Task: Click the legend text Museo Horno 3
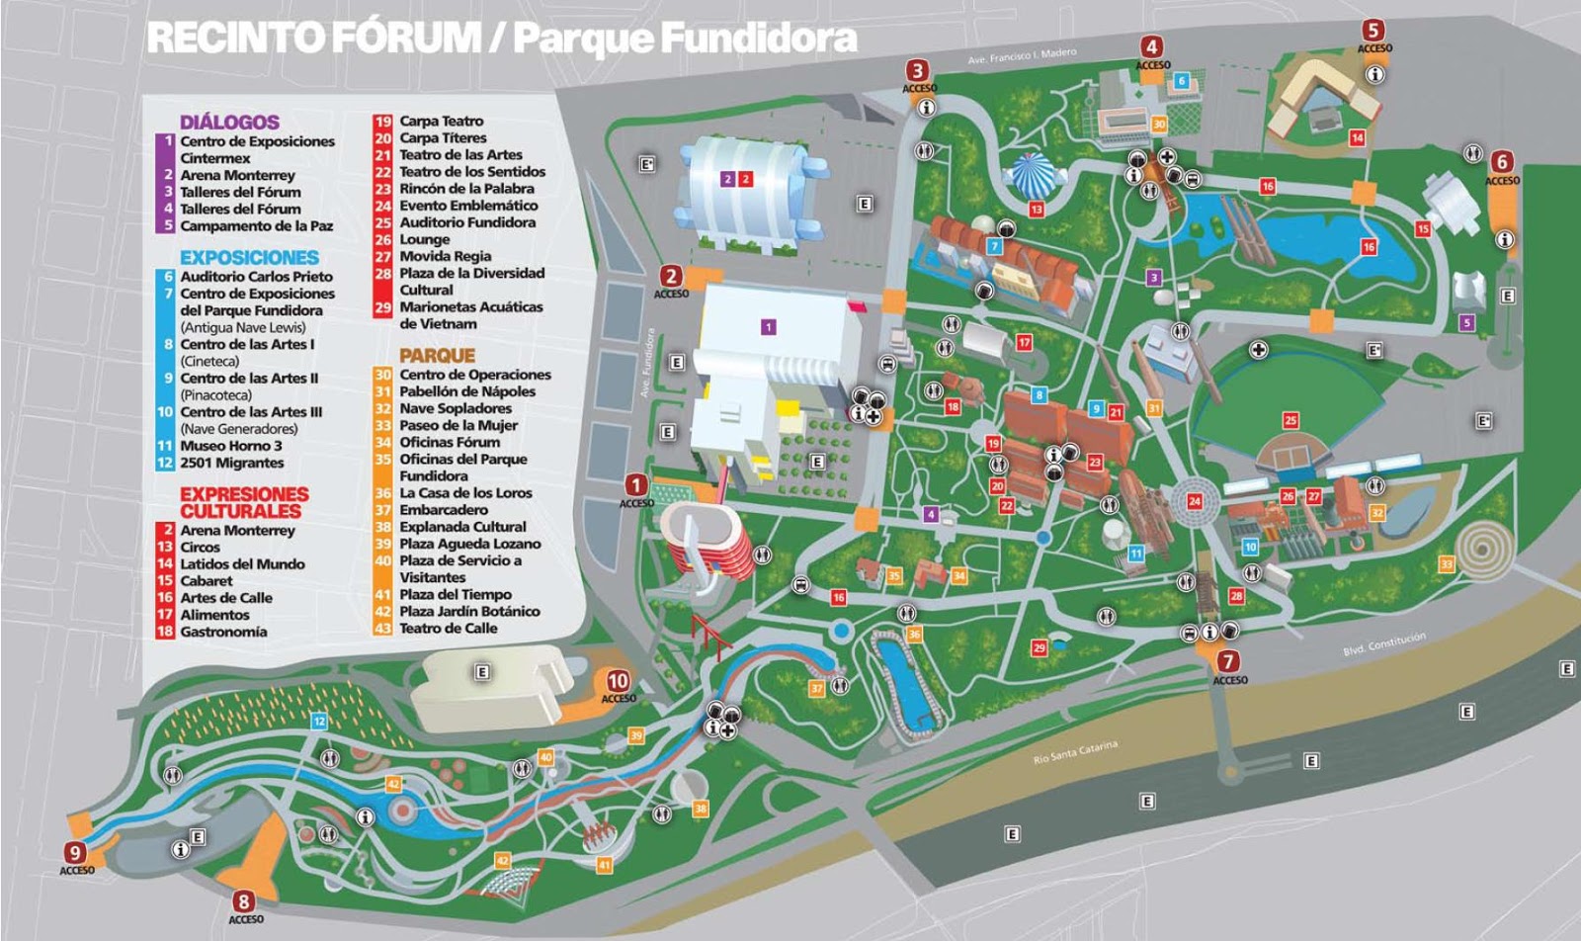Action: tap(230, 446)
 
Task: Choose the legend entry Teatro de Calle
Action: tap(448, 629)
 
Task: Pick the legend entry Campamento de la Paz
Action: tap(256, 225)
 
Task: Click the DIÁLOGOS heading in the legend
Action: tap(229, 122)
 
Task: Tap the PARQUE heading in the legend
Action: tap(437, 355)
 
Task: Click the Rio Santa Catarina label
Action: tap(1075, 753)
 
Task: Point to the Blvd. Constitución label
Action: tap(1383, 644)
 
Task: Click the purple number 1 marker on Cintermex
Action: tap(769, 326)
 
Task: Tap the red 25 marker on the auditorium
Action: tap(1290, 420)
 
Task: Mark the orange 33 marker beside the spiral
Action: tap(1447, 564)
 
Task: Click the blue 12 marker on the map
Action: tap(319, 723)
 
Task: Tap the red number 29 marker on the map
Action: tap(1039, 648)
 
